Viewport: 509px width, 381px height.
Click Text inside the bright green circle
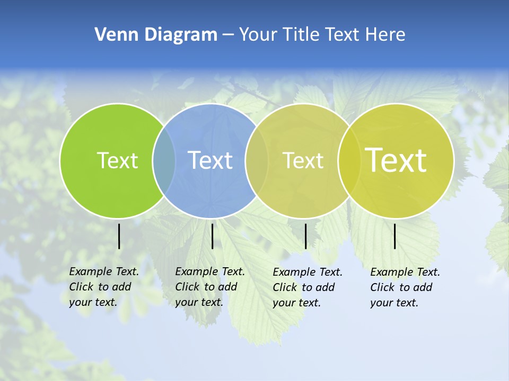117,160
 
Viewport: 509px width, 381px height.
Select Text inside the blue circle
210,160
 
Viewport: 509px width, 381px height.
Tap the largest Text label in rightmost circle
396,160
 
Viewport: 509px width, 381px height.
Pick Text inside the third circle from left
303,160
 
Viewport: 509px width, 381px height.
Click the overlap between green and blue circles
164,161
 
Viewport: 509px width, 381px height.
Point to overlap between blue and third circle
257,161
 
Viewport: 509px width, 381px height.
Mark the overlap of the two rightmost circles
349,161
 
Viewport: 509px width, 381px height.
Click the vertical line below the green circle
119,236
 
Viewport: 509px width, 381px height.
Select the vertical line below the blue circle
212,236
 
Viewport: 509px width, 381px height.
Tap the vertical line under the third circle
305,236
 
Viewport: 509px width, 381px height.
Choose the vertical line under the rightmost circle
395,236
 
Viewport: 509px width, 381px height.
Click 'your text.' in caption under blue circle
199,302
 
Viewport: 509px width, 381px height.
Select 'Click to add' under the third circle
304,287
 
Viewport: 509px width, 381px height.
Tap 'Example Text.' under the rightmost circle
405,272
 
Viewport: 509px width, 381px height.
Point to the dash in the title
228,35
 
